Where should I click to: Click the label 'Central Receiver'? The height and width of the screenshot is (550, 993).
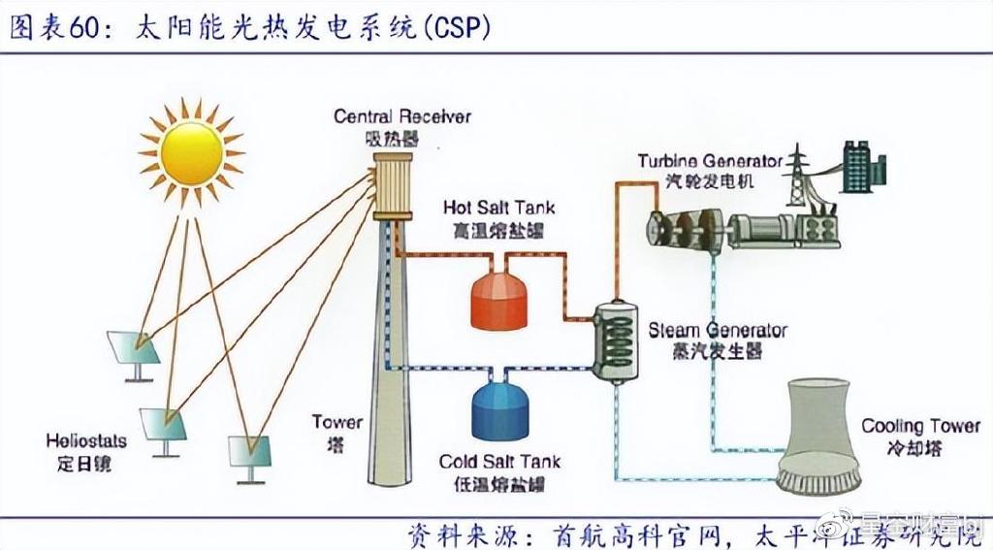tap(401, 116)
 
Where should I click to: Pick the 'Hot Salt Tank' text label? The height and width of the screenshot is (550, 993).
tap(499, 208)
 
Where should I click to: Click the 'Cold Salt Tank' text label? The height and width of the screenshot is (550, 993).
tap(499, 462)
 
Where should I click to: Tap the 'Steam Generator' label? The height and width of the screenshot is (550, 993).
tap(718, 331)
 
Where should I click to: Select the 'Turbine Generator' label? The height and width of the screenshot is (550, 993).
tap(710, 160)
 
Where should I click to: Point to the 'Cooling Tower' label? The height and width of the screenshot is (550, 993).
tap(920, 426)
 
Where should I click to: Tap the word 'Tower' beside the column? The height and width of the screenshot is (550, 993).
tap(337, 422)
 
